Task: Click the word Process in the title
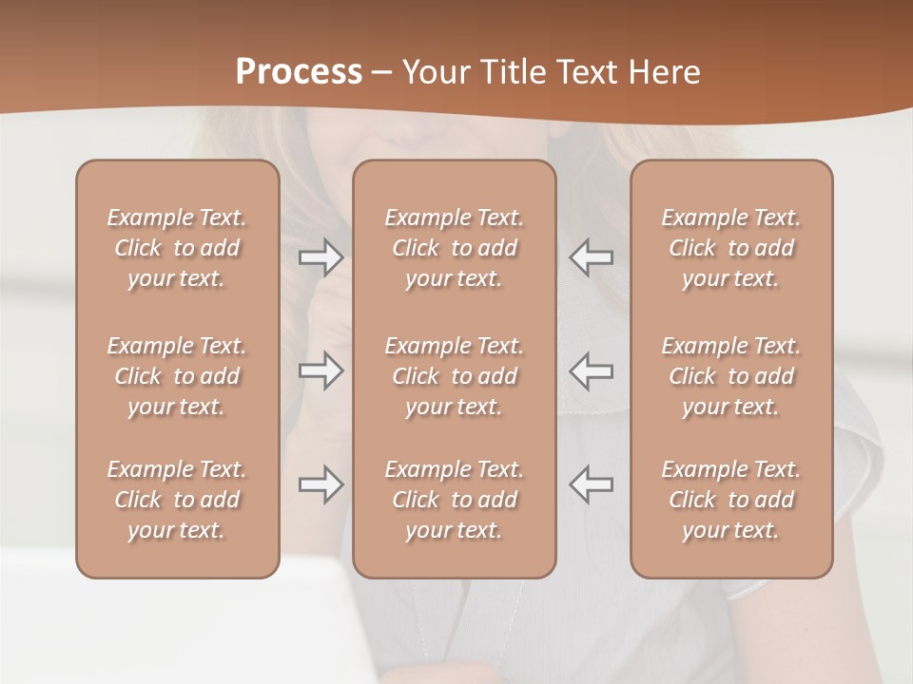coord(299,72)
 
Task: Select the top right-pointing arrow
coord(321,256)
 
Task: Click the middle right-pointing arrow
coord(321,370)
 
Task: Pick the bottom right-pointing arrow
coord(321,484)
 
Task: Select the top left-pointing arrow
coord(592,256)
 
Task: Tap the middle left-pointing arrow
coord(592,370)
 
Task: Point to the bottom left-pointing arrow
coord(592,484)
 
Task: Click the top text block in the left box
coord(177,248)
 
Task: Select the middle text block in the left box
coord(177,376)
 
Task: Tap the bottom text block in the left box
coord(177,500)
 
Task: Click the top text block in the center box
coord(455,248)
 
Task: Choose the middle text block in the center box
coord(455,376)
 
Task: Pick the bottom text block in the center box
coord(455,500)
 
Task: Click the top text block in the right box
coord(731,248)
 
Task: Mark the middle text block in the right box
coord(731,376)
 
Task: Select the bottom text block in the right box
coord(731,500)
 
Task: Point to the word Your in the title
coord(434,72)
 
